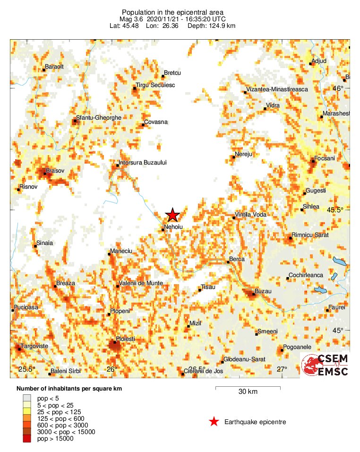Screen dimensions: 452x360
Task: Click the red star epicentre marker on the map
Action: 173,215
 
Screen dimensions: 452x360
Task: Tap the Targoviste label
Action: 34,346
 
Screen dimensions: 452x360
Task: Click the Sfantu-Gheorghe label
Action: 99,118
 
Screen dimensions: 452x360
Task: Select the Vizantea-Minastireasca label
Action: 277,89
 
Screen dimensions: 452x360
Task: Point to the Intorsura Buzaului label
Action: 143,162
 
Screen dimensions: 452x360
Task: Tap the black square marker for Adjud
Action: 311,63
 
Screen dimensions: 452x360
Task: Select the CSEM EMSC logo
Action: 326,365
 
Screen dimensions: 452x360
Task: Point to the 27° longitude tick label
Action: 282,369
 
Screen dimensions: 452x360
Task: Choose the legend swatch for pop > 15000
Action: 27,439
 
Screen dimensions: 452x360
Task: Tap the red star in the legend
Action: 214,422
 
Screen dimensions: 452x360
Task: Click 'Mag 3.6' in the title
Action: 130,19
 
